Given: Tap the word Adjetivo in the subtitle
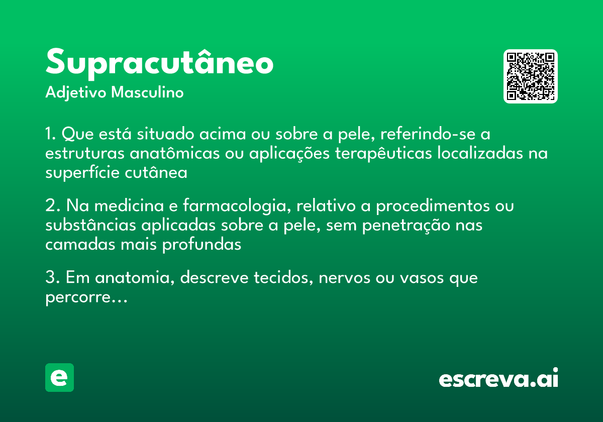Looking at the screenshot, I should pos(75,93).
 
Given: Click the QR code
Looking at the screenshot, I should pos(530,76).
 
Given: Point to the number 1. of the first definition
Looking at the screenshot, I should pos(51,135).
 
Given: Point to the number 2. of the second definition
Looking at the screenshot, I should pos(52,206).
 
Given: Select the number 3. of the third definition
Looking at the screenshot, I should pos(52,278).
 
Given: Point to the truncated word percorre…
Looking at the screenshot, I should pos(86,297).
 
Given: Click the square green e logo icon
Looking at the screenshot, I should pos(59,377).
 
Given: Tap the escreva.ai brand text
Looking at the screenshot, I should pos(498,378).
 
